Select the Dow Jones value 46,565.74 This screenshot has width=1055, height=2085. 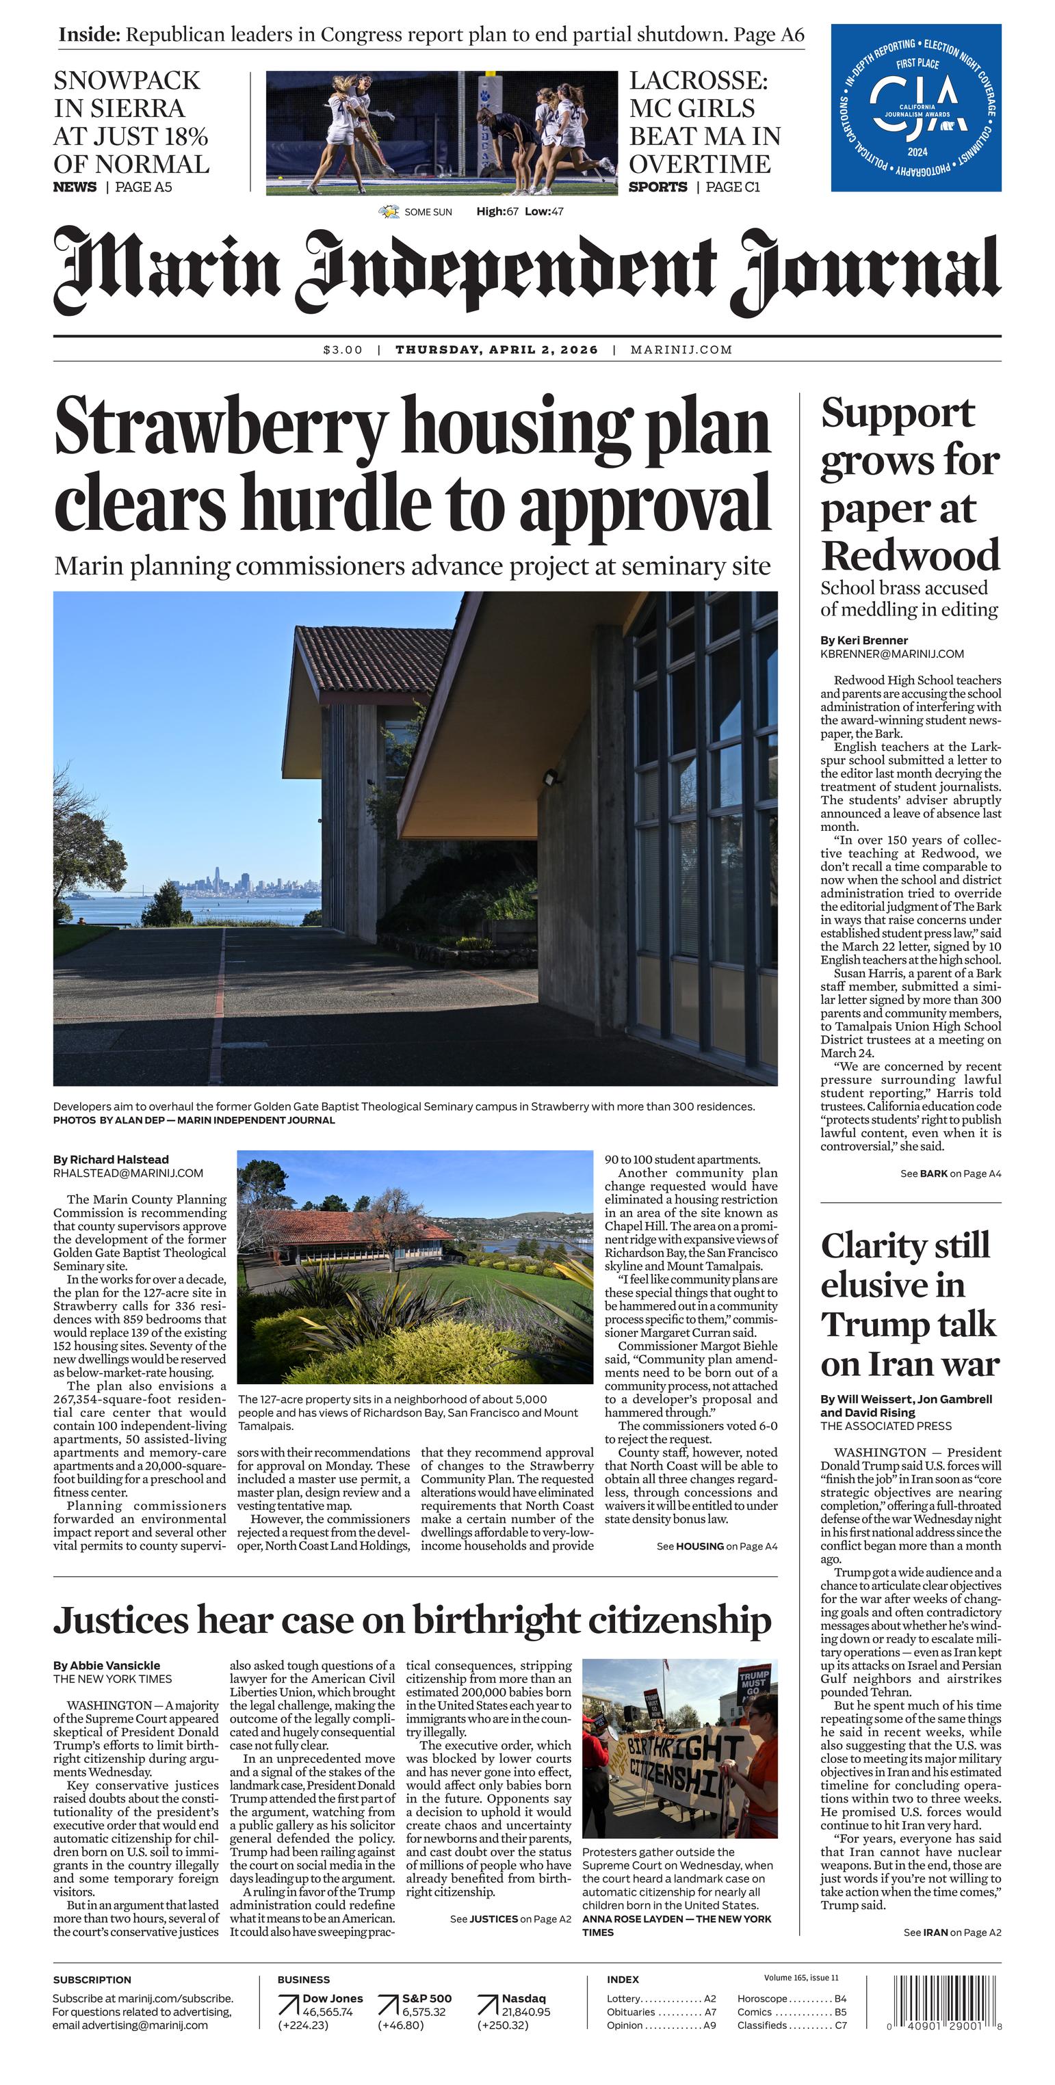pos(328,2011)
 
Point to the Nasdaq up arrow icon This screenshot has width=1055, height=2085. pos(487,2005)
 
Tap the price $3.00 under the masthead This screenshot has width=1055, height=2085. pos(343,349)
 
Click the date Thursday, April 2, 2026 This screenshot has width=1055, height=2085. pos(496,349)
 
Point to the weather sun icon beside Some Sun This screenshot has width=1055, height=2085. pos(389,212)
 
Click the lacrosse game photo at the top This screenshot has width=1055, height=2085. pos(441,133)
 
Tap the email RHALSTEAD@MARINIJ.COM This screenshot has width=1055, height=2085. pos(128,1173)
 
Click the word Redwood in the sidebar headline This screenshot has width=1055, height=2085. pos(910,556)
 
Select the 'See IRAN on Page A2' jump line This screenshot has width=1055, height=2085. pos(952,1932)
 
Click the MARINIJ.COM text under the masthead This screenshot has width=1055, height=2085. pos(681,349)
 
